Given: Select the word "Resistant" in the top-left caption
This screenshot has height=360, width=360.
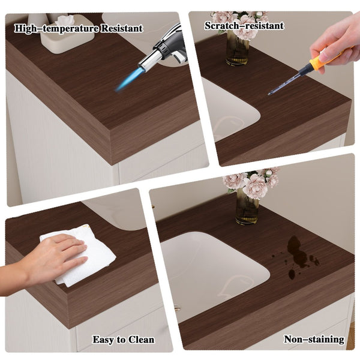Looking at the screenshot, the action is pos(122,28).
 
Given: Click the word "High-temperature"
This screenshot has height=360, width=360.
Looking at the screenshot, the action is pos(57,29).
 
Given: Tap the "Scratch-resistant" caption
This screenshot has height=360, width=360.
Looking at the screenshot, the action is pos(244,25).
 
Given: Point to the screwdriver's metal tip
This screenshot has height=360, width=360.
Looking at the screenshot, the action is pos(269,94).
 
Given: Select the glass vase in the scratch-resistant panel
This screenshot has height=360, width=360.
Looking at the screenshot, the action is pos(237,49).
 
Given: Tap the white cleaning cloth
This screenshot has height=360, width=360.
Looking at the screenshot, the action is pos(80,254).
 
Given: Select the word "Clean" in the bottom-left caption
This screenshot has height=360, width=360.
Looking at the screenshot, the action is pos(141,340).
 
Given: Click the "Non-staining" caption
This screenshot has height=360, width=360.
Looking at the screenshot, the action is pos(314,340).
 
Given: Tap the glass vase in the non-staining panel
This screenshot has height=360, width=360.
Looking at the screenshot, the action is pos(247,208).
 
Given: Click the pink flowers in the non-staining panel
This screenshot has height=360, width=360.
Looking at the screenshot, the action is pos(251,181).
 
